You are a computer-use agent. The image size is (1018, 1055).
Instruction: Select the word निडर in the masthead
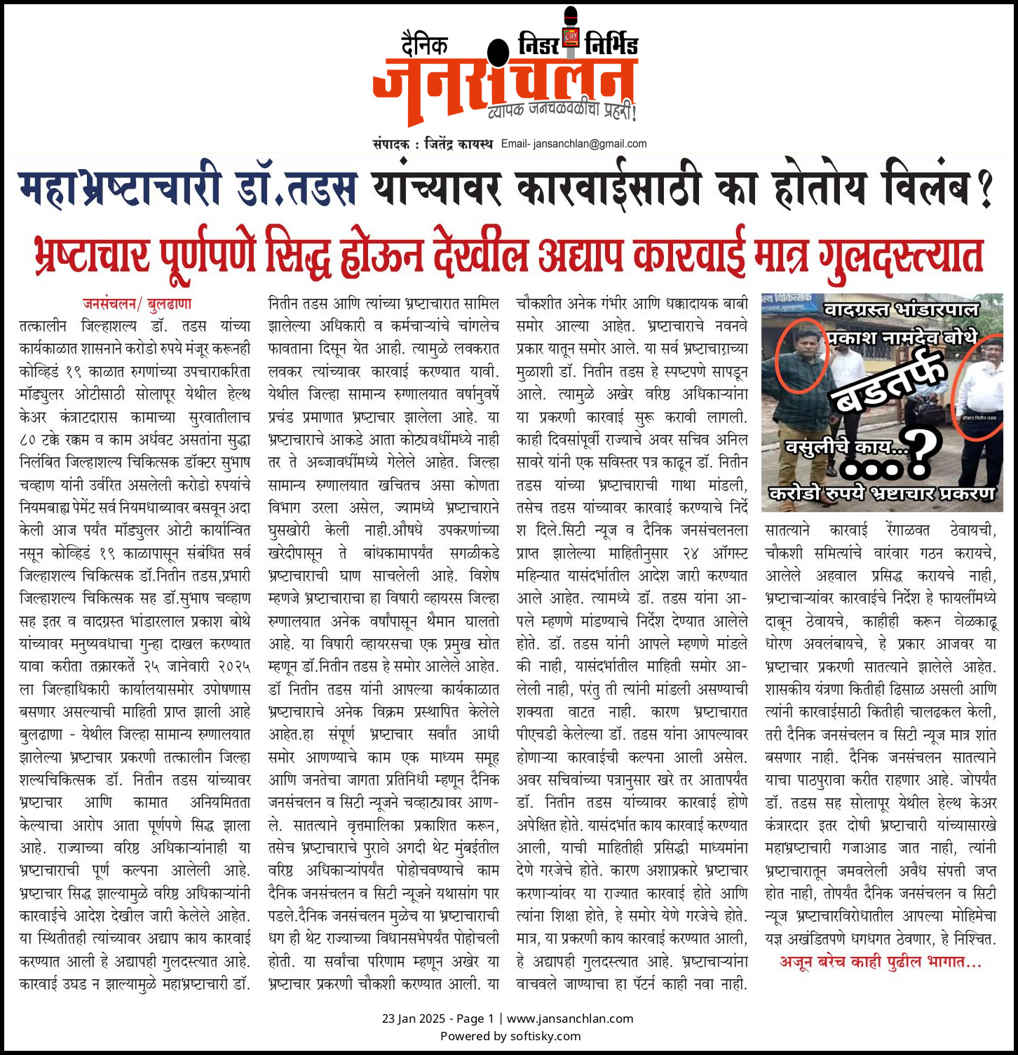[538, 45]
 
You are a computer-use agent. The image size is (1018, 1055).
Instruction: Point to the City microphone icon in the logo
[571, 32]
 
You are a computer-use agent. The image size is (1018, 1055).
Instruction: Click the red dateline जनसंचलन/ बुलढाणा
[137, 304]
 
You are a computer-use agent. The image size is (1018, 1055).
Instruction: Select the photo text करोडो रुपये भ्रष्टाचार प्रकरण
[882, 493]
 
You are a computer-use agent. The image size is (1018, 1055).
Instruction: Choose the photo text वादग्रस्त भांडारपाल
[901, 309]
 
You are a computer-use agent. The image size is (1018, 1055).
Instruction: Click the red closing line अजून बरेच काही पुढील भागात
[881, 962]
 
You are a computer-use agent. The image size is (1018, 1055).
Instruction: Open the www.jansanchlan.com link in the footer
[569, 1019]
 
